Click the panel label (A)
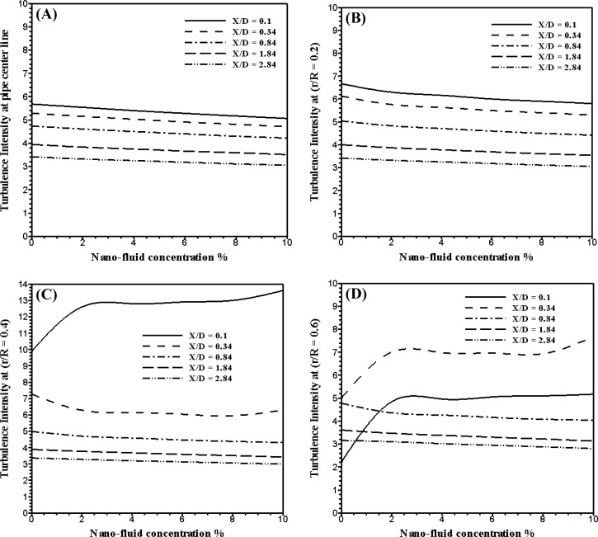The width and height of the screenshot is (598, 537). click(44, 15)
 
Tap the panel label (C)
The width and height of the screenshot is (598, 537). click(45, 293)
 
